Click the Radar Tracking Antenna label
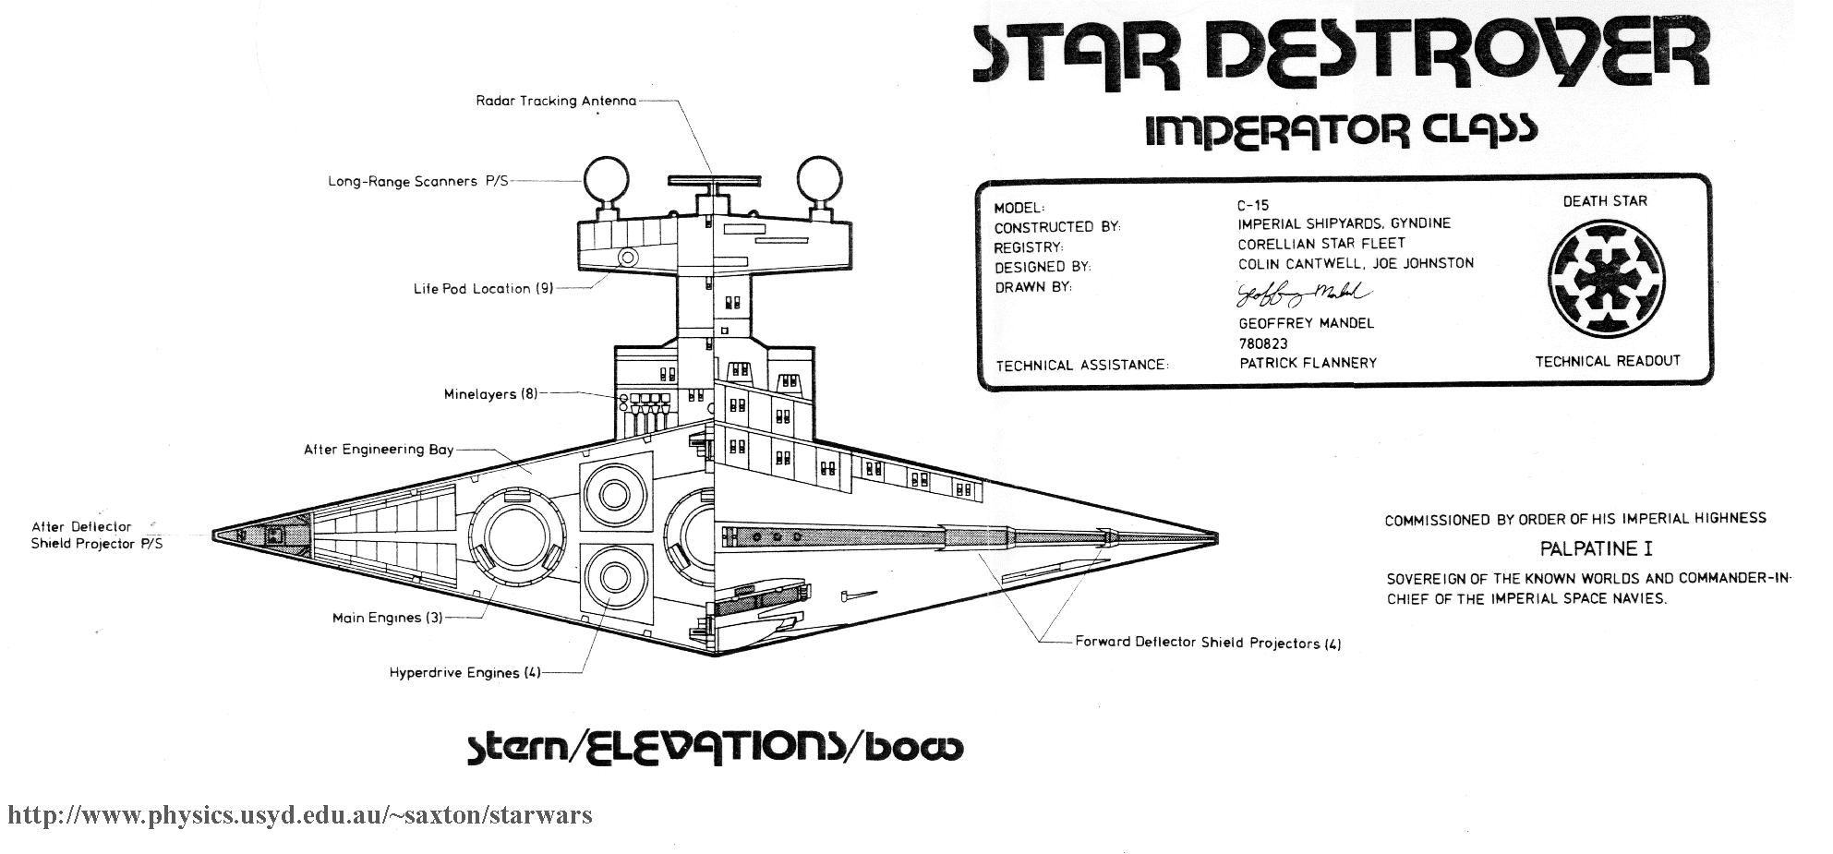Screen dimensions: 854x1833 pyautogui.click(x=556, y=101)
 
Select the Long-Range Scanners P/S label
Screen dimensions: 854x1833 pyautogui.click(x=417, y=182)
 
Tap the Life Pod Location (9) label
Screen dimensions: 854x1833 pyautogui.click(x=483, y=289)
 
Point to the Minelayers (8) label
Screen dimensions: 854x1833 pyautogui.click(x=490, y=394)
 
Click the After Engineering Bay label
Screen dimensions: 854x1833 pyautogui.click(x=379, y=450)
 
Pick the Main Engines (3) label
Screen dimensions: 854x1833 pyautogui.click(x=388, y=618)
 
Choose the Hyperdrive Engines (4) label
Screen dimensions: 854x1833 pyautogui.click(x=464, y=673)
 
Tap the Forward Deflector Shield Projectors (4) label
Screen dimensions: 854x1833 pyautogui.click(x=1208, y=643)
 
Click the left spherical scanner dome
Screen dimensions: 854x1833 pyautogui.click(x=602, y=179)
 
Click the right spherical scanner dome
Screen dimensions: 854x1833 pyautogui.click(x=821, y=179)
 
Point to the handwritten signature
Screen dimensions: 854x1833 pyautogui.click(x=1303, y=295)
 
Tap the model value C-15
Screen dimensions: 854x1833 pyautogui.click(x=1253, y=206)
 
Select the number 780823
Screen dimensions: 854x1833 pyautogui.click(x=1263, y=343)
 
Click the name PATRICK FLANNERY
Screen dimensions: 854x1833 pyautogui.click(x=1308, y=363)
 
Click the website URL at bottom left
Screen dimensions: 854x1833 pyautogui.click(x=300, y=815)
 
